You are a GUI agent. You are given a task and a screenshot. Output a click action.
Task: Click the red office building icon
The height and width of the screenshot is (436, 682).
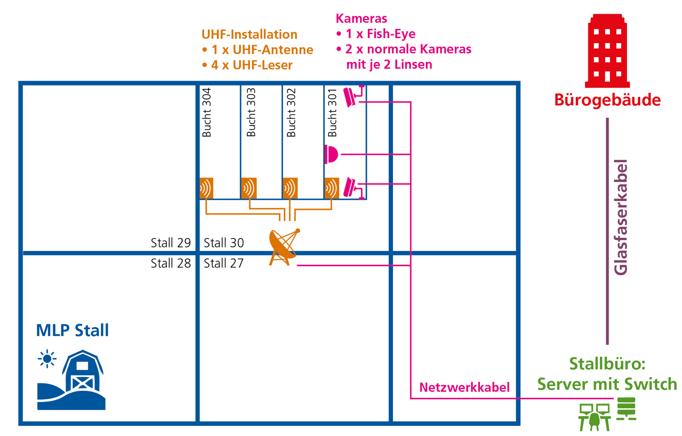[607, 51]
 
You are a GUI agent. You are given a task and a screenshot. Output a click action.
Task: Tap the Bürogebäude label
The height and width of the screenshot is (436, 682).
[607, 100]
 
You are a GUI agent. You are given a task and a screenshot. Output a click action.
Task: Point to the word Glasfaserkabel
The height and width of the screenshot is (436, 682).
[621, 218]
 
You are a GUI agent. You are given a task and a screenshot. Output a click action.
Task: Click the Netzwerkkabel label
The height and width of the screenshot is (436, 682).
[464, 387]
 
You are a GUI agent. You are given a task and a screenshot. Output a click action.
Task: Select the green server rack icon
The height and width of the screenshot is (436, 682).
[626, 408]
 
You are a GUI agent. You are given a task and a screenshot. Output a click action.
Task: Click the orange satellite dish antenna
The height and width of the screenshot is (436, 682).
[283, 247]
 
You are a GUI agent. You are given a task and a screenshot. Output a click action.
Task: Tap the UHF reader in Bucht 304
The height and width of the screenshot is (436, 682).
[206, 188]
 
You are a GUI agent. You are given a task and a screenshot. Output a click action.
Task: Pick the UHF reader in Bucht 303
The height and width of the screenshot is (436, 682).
[249, 188]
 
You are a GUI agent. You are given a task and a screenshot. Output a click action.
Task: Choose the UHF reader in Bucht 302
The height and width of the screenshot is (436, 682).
[290, 188]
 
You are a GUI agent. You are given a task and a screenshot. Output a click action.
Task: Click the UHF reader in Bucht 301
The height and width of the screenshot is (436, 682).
[332, 188]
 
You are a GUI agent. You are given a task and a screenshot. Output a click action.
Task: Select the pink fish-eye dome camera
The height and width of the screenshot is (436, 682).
[331, 154]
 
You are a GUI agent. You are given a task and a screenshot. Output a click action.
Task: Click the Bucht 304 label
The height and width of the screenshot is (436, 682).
[207, 112]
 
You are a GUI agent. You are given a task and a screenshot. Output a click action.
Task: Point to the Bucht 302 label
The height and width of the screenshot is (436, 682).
[291, 112]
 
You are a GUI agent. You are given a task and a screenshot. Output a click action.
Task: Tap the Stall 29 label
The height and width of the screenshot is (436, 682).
[170, 243]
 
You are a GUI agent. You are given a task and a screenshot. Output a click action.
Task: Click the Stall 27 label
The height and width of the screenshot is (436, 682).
[223, 263]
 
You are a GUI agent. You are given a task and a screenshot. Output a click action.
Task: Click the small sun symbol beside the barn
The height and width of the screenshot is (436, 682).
[47, 359]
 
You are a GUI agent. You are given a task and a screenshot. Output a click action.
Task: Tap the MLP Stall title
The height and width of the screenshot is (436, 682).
[72, 330]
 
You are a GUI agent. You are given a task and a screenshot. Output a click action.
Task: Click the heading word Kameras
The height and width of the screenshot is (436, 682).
[361, 18]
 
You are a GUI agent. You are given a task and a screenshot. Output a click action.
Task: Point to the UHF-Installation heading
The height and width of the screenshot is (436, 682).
[249, 35]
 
